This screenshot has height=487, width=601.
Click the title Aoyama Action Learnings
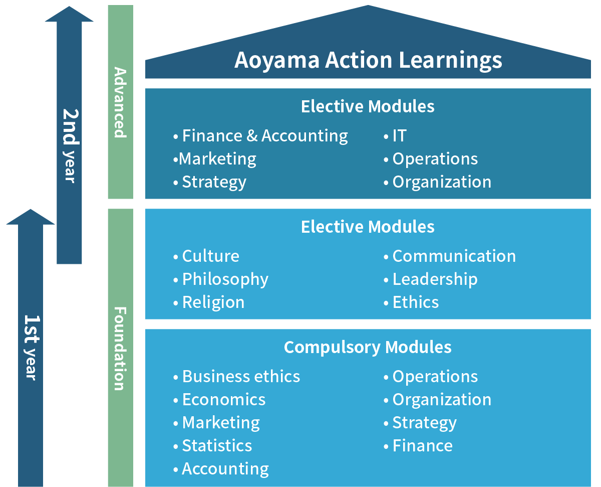coord(368,60)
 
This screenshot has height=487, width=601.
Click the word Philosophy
coord(225,280)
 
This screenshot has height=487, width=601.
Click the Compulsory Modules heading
coord(368,348)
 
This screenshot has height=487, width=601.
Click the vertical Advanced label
coord(121,102)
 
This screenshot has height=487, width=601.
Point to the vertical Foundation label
coord(121,349)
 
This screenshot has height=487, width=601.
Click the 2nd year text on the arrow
coord(70,146)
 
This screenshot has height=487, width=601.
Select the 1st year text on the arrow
coord(32,348)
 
